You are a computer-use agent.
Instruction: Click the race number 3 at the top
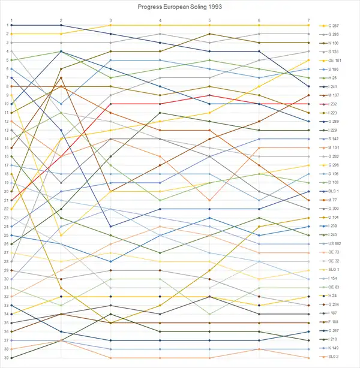click(110, 20)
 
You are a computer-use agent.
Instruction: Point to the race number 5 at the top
click(209, 20)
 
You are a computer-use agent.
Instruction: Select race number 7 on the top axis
click(308, 20)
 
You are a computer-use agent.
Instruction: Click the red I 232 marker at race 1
click(12, 200)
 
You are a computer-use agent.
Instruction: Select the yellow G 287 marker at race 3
click(110, 25)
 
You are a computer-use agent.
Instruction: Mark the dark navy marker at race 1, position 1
click(12, 25)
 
